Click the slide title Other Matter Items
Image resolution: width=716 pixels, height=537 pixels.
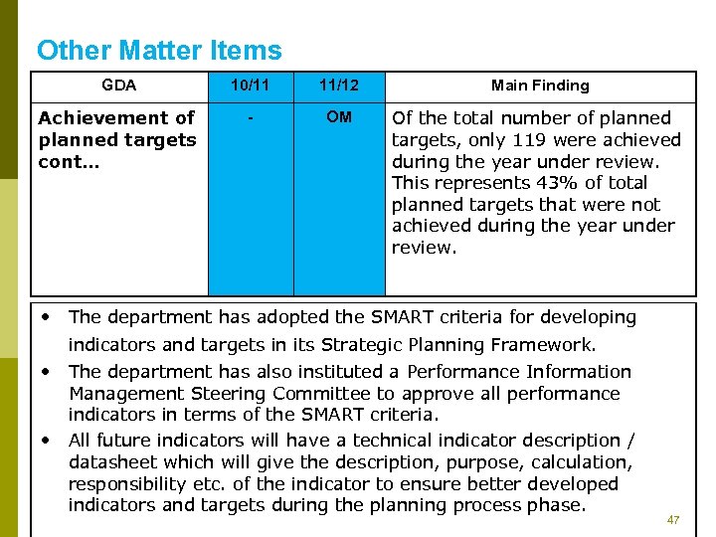click(159, 51)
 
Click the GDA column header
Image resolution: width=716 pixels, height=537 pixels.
click(119, 86)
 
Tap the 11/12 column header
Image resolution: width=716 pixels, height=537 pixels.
click(339, 86)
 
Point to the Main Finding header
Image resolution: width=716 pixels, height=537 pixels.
click(540, 86)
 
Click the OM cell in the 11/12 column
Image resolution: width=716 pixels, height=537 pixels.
click(339, 117)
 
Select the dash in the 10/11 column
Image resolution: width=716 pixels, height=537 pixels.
click(251, 118)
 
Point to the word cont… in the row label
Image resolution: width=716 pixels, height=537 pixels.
click(60, 162)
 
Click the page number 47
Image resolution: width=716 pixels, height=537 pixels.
click(673, 520)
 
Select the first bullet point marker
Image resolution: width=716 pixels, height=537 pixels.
click(47, 316)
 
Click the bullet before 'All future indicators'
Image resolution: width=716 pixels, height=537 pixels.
click(47, 439)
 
